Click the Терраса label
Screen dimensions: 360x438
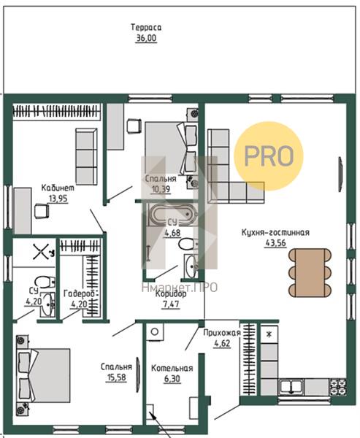[146, 28]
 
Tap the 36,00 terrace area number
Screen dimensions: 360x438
[146, 38]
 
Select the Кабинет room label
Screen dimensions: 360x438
[58, 188]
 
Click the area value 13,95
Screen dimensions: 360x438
[58, 199]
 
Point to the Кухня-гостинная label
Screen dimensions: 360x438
[275, 232]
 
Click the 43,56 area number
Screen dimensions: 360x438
[275, 243]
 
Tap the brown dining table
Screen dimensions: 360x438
[310, 272]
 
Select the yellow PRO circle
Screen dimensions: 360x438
[268, 156]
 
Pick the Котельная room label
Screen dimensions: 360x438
[172, 368]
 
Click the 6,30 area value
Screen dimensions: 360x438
[172, 379]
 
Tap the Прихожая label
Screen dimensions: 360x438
[222, 333]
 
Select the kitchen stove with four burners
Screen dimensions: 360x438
[337, 387]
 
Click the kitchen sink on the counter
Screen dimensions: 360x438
[291, 387]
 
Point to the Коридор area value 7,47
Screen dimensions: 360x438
[170, 304]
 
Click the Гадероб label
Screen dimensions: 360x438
[80, 293]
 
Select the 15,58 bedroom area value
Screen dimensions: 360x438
[116, 377]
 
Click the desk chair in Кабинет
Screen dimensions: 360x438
[42, 211]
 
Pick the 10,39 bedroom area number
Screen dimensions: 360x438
[161, 189]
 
